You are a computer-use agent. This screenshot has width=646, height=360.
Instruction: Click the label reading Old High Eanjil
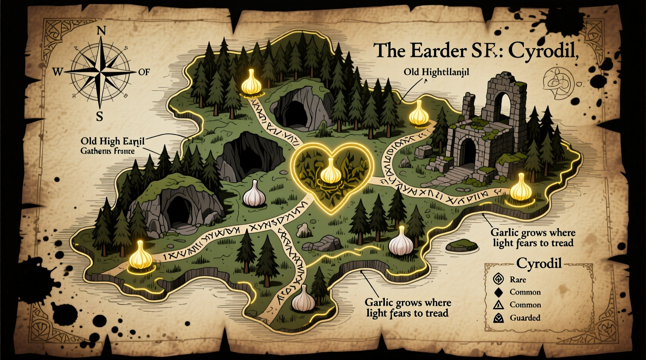pos(113,141)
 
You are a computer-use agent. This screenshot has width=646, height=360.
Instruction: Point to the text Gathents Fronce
pos(108,151)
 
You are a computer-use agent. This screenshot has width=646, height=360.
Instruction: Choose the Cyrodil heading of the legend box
pos(539,264)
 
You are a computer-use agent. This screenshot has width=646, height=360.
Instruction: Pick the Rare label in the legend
pos(518,279)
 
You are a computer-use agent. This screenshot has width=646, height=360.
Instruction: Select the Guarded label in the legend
pos(525,318)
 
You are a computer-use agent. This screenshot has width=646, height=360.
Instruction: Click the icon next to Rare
pos(498,279)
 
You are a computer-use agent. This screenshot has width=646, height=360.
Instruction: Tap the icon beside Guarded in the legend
pos(498,318)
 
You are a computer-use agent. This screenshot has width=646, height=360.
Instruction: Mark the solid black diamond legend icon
pos(498,292)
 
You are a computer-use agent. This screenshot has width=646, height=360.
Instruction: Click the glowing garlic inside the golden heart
pos(330,172)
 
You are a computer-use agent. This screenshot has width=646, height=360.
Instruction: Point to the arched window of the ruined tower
pos(506,102)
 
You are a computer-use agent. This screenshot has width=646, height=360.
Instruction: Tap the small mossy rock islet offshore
pos(464,245)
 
